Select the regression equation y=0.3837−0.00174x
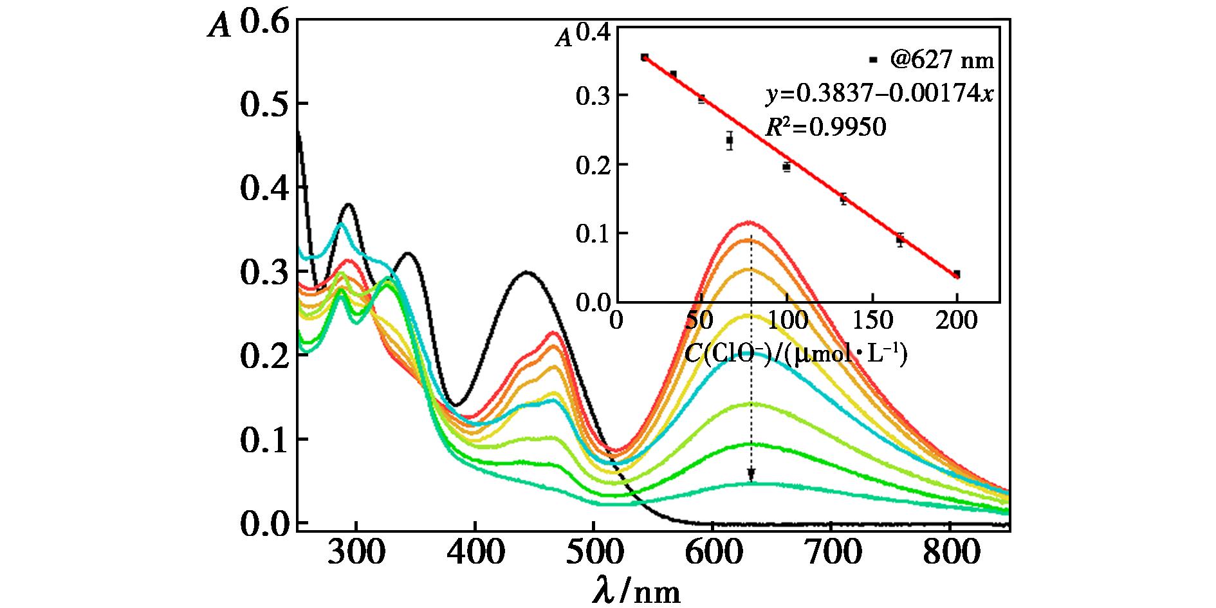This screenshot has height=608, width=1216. click(879, 95)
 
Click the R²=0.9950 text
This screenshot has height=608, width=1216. click(825, 127)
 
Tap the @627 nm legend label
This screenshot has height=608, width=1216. click(942, 60)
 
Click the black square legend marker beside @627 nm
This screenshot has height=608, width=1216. click(873, 60)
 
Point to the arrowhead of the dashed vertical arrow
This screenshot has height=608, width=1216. click(751, 475)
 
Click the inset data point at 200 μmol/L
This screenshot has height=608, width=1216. click(957, 274)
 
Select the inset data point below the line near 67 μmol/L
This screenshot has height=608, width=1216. click(730, 140)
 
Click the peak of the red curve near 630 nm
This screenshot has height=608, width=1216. click(750, 223)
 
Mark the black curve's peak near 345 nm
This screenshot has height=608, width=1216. click(407, 253)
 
